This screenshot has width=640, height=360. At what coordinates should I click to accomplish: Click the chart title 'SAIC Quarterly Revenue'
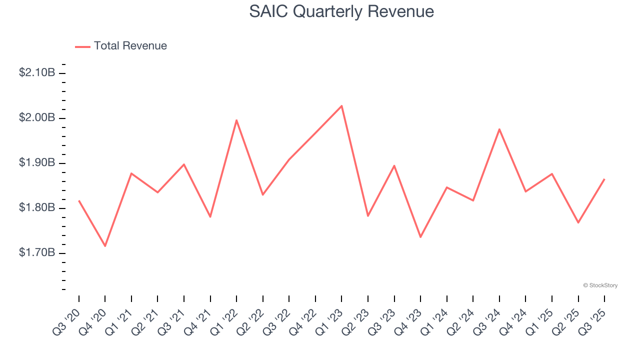(341, 11)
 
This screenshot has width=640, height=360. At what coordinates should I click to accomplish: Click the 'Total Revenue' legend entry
(130, 46)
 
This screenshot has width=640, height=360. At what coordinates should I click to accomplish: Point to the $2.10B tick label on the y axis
(37, 72)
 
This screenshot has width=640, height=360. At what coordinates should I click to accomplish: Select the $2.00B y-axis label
(37, 117)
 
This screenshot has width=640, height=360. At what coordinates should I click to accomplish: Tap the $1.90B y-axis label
(37, 162)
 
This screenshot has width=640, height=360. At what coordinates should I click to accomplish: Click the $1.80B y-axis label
(37, 207)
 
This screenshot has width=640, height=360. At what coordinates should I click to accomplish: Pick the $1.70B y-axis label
(37, 252)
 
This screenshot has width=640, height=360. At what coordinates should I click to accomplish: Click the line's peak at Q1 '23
(341, 105)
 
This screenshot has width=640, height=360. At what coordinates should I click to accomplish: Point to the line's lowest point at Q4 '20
(105, 246)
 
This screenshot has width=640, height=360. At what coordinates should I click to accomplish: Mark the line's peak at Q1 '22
(236, 120)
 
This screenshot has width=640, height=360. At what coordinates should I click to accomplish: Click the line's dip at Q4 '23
(420, 237)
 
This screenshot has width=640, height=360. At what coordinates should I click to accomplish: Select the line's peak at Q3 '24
(499, 129)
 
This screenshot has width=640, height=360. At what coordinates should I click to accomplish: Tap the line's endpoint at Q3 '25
(604, 179)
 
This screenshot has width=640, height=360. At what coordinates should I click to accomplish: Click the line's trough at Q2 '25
(578, 222)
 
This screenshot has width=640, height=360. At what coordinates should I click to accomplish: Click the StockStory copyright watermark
(600, 285)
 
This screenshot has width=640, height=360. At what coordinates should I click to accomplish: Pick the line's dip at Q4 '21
(210, 217)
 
